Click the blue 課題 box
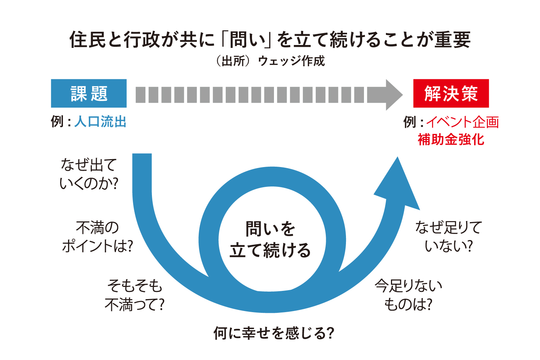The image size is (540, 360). click(x=89, y=93)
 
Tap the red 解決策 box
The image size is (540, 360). click(x=451, y=93)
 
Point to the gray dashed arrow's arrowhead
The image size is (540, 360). click(x=393, y=95)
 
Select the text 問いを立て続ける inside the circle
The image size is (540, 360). click(x=270, y=239)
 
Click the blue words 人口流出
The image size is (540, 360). click(x=100, y=122)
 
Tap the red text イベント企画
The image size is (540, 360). click(x=462, y=122)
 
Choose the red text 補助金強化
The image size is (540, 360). click(x=451, y=139)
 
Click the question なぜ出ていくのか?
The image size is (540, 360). click(x=89, y=174)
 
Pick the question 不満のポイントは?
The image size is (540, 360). click(x=97, y=237)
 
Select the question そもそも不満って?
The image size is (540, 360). click(x=135, y=295)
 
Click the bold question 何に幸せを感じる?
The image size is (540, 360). click(x=274, y=333)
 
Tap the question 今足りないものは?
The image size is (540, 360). click(x=408, y=295)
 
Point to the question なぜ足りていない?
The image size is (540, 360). click(x=449, y=237)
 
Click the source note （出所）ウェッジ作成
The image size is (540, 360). click(x=270, y=61)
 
